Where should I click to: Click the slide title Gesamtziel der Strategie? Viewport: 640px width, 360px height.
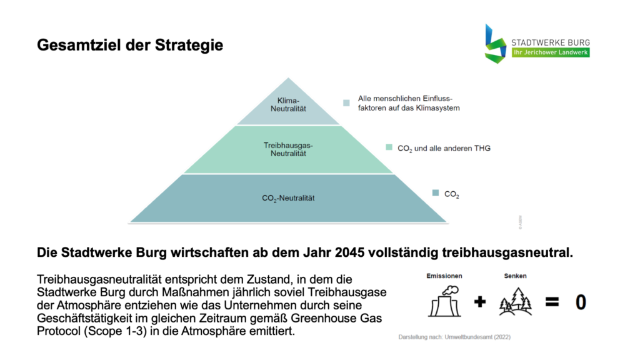click(x=130, y=45)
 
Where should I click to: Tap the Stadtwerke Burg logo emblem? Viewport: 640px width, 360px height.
click(x=496, y=44)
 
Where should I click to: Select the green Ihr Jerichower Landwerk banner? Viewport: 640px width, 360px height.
click(x=551, y=52)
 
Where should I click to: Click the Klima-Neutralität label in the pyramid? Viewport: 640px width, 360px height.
click(x=288, y=104)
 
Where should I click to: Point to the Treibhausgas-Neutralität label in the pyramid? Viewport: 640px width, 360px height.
click(x=288, y=149)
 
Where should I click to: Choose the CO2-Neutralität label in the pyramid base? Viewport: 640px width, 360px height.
click(x=288, y=198)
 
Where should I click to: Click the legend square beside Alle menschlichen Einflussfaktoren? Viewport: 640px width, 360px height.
click(x=346, y=103)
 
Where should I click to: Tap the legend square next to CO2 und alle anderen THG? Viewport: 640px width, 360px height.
click(x=389, y=147)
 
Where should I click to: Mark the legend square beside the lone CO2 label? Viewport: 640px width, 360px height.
click(x=436, y=192)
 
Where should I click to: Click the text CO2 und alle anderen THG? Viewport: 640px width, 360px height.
click(x=444, y=149)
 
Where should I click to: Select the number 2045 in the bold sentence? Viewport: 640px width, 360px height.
click(x=349, y=252)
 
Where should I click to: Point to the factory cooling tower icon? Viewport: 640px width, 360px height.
click(x=444, y=301)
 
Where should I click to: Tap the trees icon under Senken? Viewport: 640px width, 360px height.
click(x=516, y=302)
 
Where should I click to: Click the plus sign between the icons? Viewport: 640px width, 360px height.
click(x=480, y=302)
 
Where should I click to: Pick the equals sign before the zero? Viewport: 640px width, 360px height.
click(x=552, y=302)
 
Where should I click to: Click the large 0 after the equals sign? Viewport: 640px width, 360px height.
click(x=581, y=302)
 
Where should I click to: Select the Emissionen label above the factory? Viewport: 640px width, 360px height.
click(x=444, y=276)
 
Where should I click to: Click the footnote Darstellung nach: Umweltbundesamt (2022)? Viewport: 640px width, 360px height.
click(x=454, y=337)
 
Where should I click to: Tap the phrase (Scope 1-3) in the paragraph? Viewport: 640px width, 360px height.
click(x=115, y=331)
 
